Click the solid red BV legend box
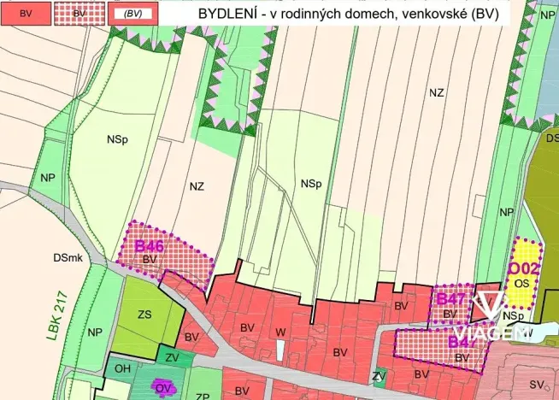pyautogui.click(x=26, y=14)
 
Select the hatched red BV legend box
pyautogui.click(x=79, y=14)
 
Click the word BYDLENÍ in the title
pyautogui.click(x=227, y=15)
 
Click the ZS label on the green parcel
pyautogui.click(x=144, y=315)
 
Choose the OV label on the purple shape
pyautogui.click(x=164, y=388)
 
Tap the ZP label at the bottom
pyautogui.click(x=203, y=396)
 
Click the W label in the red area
pyautogui.click(x=279, y=332)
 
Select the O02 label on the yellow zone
pyautogui.click(x=524, y=268)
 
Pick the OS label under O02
pyautogui.click(x=524, y=283)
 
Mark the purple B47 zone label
pyautogui.click(x=450, y=299)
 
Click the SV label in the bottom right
pyautogui.click(x=537, y=385)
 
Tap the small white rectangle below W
pyautogui.click(x=279, y=350)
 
